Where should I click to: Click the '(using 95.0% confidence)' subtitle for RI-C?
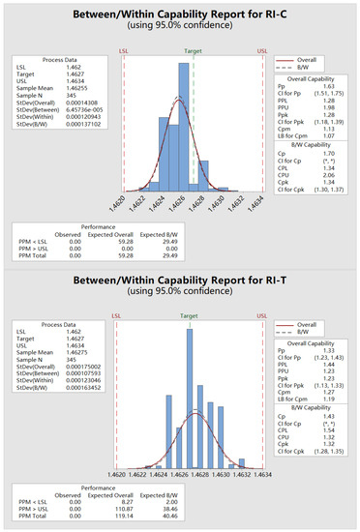pyautogui.click(x=180, y=25)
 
